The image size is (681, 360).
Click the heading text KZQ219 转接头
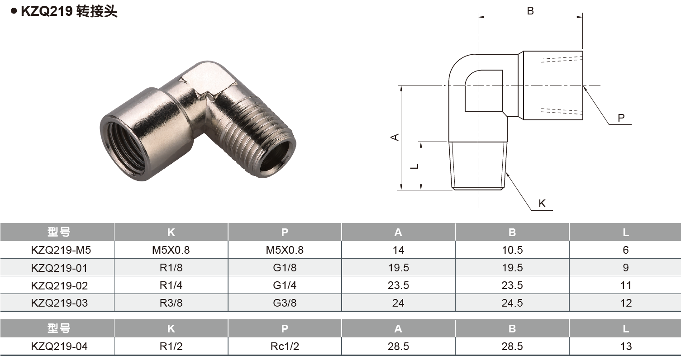pyautogui.click(x=69, y=11)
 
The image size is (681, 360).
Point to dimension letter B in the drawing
pyautogui.click(x=530, y=11)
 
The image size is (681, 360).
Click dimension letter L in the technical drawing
pyautogui.click(x=414, y=166)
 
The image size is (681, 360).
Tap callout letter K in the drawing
pyautogui.click(x=542, y=204)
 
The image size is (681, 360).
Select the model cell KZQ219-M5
pyautogui.click(x=57, y=250)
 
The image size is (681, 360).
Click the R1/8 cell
pyautogui.click(x=171, y=268)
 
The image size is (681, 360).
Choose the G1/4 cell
pyautogui.click(x=285, y=285)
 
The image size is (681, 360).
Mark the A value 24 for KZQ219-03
pyautogui.click(x=398, y=303)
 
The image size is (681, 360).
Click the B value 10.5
pyautogui.click(x=512, y=250)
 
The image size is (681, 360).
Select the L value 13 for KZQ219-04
pyautogui.click(x=626, y=346)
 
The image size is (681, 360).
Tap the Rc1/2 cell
pyautogui.click(x=285, y=346)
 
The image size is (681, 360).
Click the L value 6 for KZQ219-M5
pyautogui.click(x=626, y=250)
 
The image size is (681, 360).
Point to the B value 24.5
pyautogui.click(x=512, y=303)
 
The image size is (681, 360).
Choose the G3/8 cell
pyautogui.click(x=285, y=303)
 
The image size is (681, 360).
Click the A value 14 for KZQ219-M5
pyautogui.click(x=398, y=250)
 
